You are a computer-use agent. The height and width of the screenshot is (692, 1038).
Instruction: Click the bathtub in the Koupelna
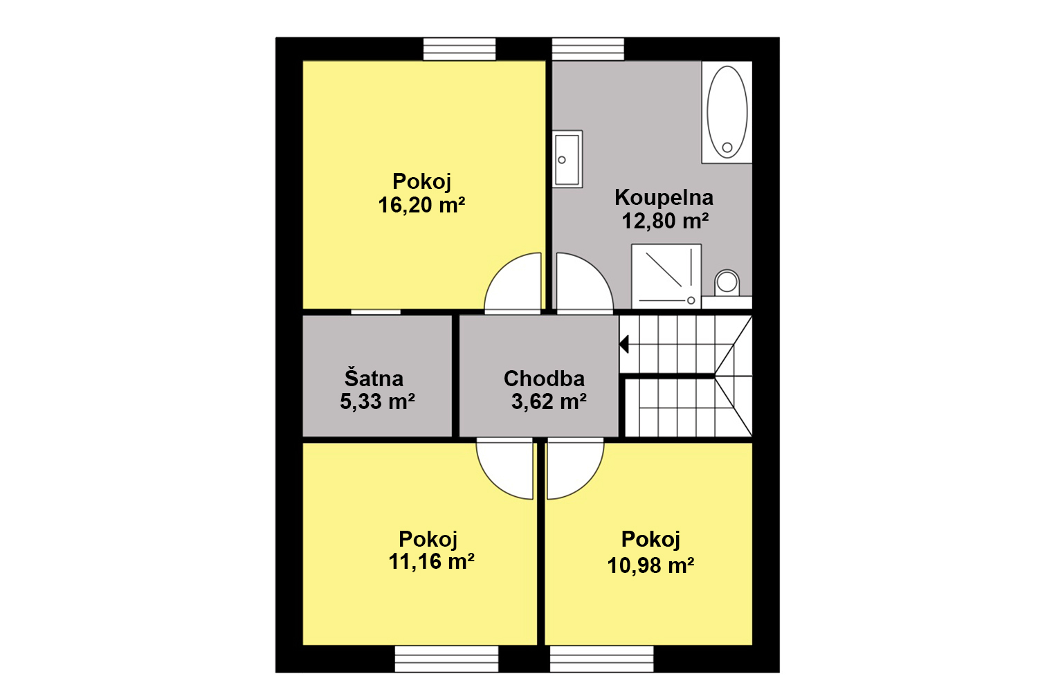727,112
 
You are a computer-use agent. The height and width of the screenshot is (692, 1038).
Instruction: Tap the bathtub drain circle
727,147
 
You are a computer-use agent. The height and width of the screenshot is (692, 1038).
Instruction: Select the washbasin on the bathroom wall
567,159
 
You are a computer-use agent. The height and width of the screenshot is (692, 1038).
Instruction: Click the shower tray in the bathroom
666,276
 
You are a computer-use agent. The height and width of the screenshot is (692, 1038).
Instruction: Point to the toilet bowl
727,282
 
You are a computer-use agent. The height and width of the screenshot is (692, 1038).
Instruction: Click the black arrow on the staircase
624,345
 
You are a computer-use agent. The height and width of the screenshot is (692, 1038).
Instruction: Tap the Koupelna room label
664,197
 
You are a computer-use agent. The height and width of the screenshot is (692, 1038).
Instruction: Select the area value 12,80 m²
665,221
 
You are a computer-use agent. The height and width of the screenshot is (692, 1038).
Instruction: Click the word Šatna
374,378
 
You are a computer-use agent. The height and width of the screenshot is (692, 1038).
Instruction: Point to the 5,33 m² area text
377,401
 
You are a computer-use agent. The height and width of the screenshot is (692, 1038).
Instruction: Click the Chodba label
544,379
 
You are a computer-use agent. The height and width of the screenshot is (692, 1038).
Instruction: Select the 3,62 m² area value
549,401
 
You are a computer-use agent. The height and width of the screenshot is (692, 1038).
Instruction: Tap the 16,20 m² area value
421,205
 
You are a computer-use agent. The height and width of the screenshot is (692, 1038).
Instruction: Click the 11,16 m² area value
431,562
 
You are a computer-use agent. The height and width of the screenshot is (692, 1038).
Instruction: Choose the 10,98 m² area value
650,566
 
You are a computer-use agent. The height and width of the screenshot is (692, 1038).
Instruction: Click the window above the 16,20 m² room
459,49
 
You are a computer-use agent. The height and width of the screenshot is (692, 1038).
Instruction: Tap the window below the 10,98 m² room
601,659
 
